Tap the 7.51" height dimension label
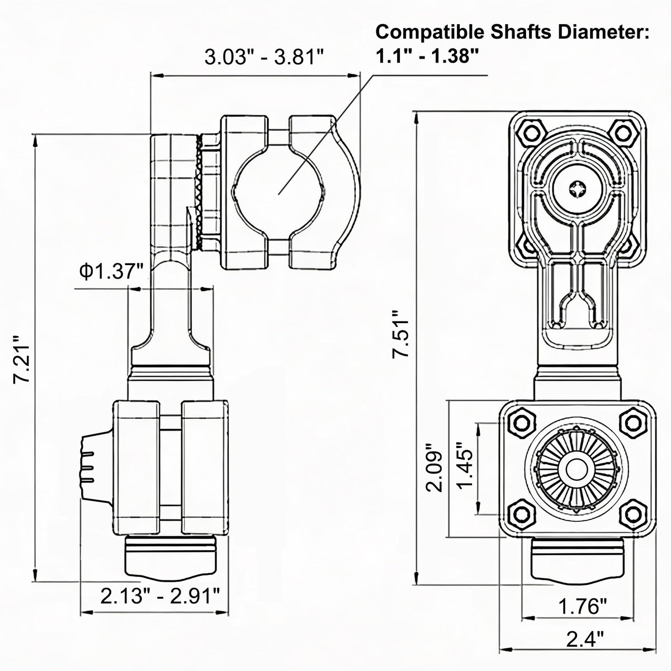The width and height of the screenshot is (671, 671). (400, 334)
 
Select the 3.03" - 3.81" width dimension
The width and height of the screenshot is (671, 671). (264, 57)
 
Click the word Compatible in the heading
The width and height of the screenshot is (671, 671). (429, 32)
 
